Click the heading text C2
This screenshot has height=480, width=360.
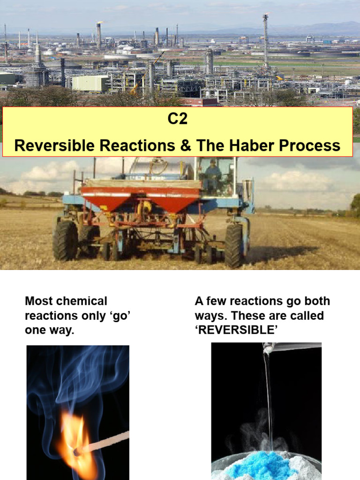click(178, 119)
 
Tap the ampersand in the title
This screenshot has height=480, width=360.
click(183, 145)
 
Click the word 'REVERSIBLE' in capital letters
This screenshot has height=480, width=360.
click(235, 330)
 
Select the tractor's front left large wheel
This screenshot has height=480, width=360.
click(65, 240)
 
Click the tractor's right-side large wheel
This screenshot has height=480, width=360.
click(233, 245)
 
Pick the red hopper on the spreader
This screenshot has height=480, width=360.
click(141, 197)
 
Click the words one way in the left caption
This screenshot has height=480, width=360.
click(49, 330)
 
